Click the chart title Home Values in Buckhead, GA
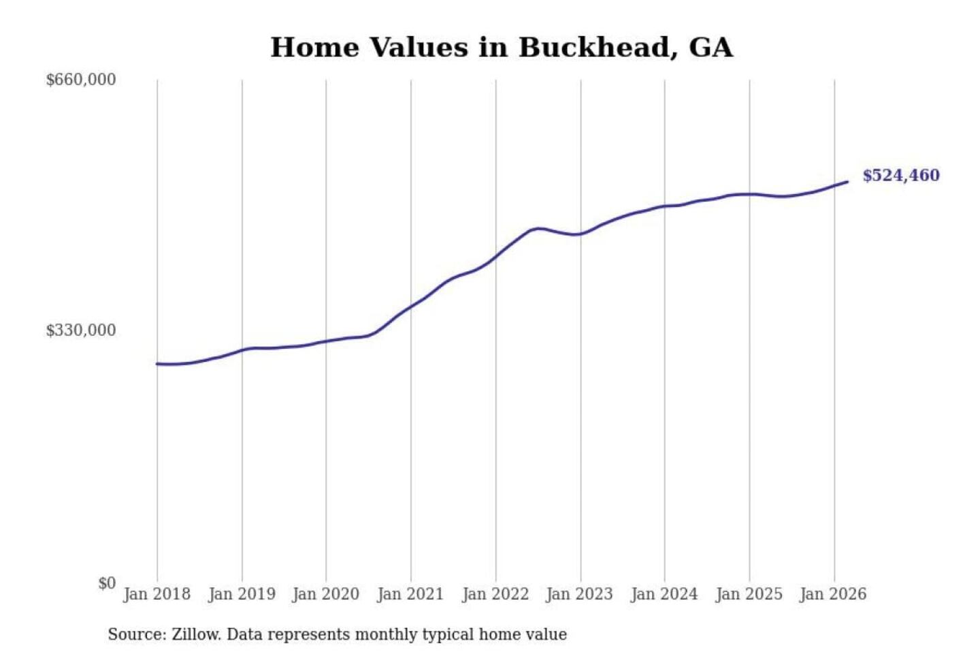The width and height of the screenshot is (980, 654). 502,48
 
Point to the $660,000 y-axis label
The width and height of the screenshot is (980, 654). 80,80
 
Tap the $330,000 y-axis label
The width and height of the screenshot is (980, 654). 80,330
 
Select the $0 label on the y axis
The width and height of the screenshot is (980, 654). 107,583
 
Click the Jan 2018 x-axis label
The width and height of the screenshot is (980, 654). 157,594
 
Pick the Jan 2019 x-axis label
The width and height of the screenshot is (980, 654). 242,594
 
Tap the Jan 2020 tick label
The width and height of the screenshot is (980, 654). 325,594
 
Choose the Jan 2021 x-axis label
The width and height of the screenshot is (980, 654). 410,594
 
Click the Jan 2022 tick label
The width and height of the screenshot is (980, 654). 495,594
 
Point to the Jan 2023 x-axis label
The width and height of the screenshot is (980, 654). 580,594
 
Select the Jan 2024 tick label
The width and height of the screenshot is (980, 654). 664,594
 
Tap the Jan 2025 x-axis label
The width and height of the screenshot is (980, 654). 749,594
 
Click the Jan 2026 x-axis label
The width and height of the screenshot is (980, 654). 833,594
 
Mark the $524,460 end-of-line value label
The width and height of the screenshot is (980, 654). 901,176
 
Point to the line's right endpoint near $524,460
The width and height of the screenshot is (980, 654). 847,182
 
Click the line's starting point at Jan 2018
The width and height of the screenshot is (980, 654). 157,364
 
